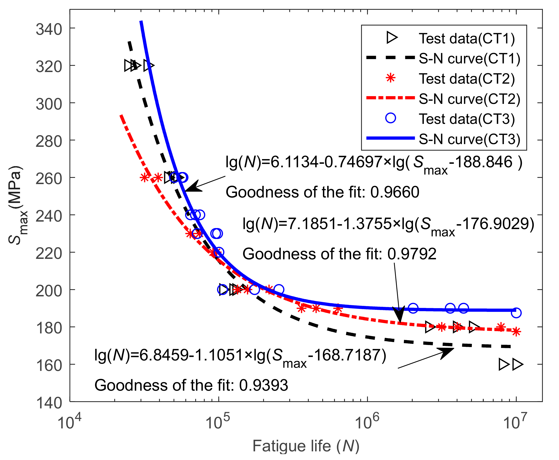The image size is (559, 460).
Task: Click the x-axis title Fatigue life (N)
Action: pyautogui.click(x=306, y=446)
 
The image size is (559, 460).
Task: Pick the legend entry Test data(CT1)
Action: pyautogui.click(x=466, y=39)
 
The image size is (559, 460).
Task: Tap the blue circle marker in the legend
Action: pyautogui.click(x=390, y=118)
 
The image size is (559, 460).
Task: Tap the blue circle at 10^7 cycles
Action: pyautogui.click(x=516, y=313)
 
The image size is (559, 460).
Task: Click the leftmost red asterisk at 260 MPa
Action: pyautogui.click(x=144, y=177)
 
